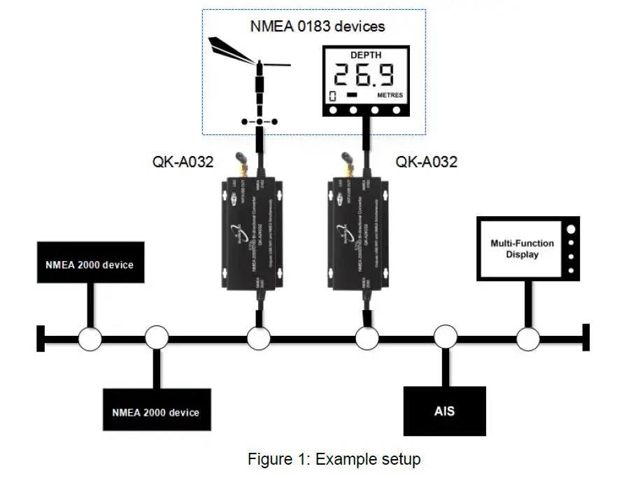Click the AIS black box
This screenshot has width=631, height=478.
click(444, 410)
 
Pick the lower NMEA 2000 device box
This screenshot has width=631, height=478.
click(155, 411)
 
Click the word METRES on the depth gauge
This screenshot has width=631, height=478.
click(385, 95)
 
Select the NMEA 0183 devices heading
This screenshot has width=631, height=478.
click(317, 27)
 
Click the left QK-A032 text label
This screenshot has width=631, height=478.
click(183, 162)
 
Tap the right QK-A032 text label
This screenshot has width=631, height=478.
click(427, 162)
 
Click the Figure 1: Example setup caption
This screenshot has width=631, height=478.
click(334, 459)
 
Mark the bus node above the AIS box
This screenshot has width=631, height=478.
click(445, 339)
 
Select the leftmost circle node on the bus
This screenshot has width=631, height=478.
click(90, 339)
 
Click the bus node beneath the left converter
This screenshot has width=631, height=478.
click(259, 339)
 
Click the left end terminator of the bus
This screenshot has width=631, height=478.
click(41, 339)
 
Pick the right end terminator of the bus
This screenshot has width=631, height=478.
click(586, 339)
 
